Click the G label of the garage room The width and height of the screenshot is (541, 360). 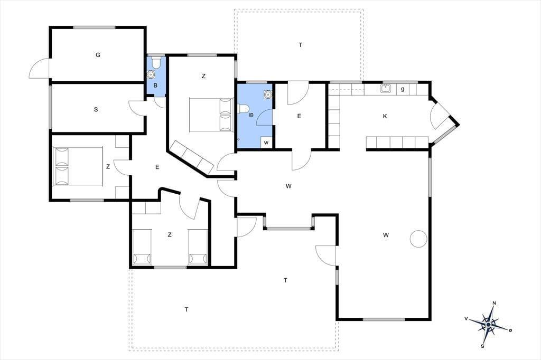[98, 55]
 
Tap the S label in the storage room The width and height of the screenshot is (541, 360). [96, 110]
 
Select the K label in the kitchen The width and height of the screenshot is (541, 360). [385, 116]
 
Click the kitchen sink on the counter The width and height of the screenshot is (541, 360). [385, 89]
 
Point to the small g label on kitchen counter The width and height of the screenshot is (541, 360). [403, 89]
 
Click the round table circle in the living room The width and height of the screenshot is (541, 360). [418, 238]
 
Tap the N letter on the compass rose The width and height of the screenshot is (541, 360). [494, 304]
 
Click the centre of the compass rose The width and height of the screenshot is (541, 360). [489, 325]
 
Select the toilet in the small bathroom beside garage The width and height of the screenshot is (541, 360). [156, 62]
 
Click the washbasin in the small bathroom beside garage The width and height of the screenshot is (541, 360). [151, 74]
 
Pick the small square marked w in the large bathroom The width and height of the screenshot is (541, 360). [266, 143]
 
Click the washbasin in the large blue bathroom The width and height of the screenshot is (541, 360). [268, 94]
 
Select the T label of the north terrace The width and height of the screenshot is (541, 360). [301, 45]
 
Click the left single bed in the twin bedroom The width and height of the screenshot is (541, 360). [142, 247]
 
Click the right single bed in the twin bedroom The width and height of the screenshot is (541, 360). [198, 247]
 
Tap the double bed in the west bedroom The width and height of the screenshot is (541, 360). [78, 167]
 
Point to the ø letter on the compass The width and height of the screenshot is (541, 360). [510, 330]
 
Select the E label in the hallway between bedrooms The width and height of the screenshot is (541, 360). [157, 167]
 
